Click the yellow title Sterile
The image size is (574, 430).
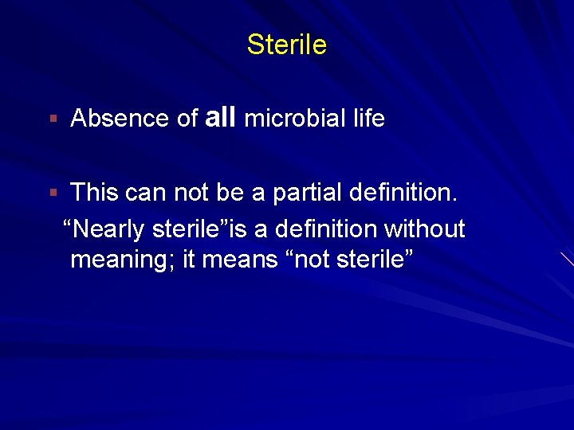(x=286, y=45)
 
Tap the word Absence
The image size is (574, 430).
(x=120, y=119)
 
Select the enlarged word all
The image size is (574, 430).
(x=221, y=118)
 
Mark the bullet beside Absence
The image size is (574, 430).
(x=53, y=119)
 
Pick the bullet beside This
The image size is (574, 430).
(x=53, y=192)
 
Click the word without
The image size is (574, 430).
(x=424, y=229)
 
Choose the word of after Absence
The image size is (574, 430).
(x=187, y=119)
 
